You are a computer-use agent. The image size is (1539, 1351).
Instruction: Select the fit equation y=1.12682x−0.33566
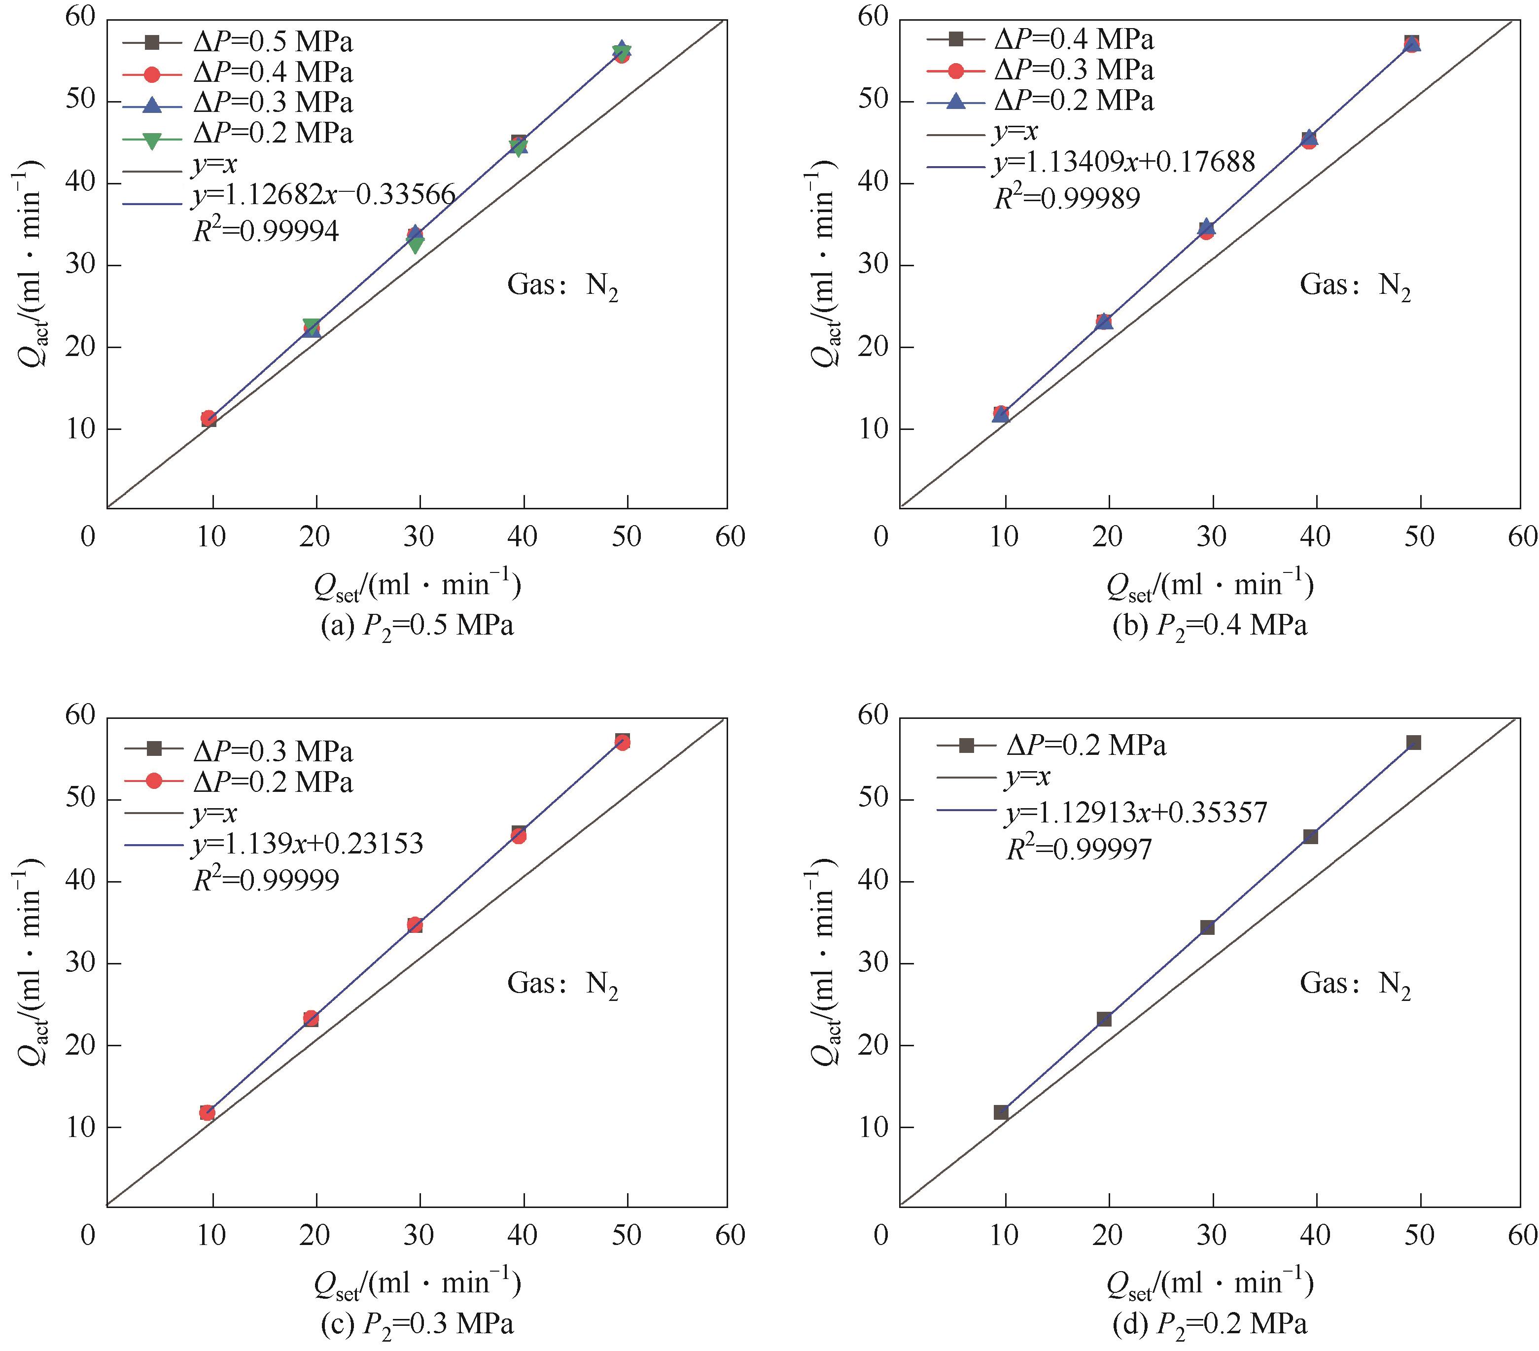[324, 196]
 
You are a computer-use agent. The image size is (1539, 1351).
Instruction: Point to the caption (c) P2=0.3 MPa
[417, 1324]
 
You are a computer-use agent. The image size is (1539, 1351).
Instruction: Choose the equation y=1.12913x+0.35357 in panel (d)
[1137, 813]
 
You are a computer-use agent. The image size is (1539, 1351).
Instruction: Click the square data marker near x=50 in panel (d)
[1413, 743]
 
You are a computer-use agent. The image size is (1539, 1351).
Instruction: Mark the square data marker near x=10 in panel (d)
[1001, 1112]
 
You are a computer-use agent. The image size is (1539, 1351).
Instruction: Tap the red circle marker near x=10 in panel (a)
[209, 418]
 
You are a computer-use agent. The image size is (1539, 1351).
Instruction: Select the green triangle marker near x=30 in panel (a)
[416, 244]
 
